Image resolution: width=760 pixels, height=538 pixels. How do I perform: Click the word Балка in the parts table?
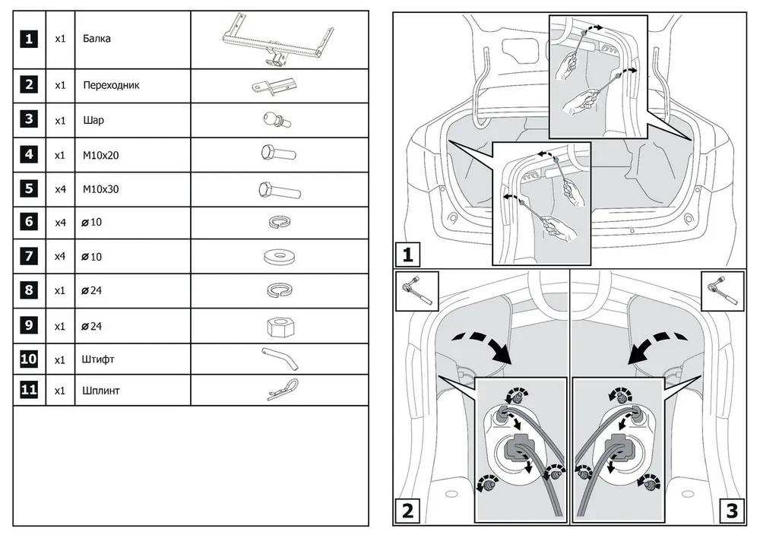pos(97,39)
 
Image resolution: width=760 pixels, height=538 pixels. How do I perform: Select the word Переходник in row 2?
pos(111,85)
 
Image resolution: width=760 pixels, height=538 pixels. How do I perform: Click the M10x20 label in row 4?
pos(102,154)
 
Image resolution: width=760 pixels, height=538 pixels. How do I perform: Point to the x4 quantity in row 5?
pos(61,188)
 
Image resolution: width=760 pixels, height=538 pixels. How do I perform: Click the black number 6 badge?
pos(29,222)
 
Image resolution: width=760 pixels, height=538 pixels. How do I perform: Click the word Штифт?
pos(99,359)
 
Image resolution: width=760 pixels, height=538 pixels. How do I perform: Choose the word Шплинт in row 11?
pos(102,391)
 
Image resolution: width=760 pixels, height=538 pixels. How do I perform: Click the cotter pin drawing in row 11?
pos(283,391)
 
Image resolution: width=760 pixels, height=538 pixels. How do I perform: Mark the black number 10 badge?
pos(29,359)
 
